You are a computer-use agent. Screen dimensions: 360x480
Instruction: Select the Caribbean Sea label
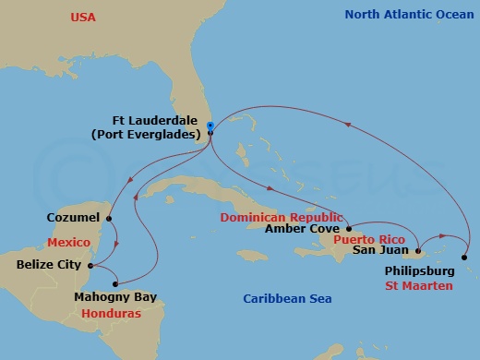point(287,299)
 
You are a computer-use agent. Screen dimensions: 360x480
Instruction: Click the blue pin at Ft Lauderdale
point(210,126)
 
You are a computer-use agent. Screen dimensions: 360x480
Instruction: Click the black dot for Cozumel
point(110,219)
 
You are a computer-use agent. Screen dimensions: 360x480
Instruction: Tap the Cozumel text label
point(72,219)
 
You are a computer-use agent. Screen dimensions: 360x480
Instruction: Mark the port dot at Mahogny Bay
point(115,283)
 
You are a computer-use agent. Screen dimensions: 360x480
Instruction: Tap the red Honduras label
point(111,313)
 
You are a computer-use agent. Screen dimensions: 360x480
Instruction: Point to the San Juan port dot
point(418,250)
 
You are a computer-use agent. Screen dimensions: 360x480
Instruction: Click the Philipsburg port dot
point(463,258)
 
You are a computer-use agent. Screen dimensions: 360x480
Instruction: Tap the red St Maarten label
point(420,287)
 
